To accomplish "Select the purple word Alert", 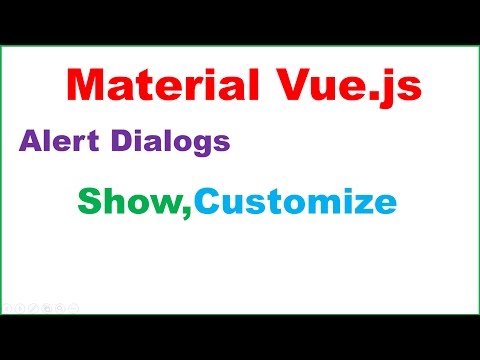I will [55, 142].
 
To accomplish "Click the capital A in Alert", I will [28, 142].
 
